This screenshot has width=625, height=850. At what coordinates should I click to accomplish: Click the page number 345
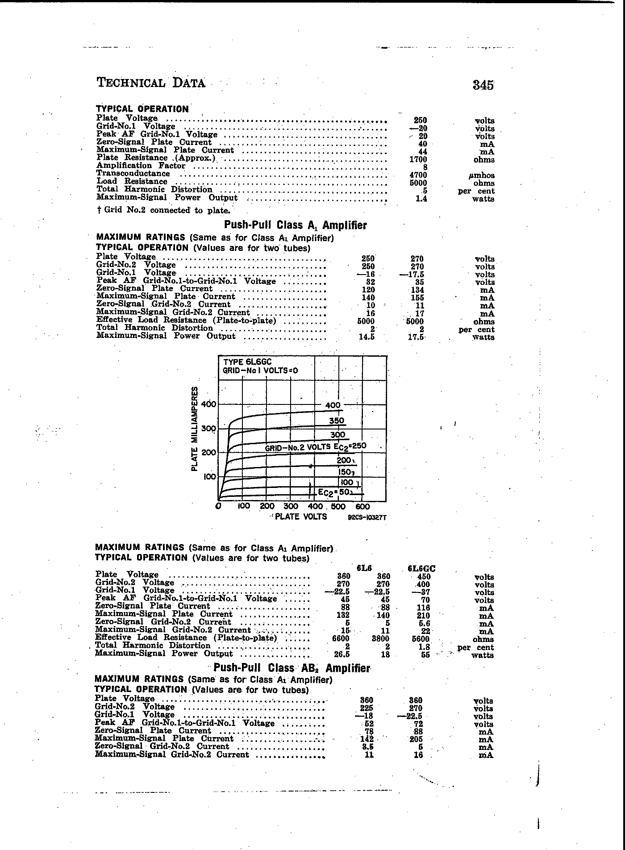tap(483, 85)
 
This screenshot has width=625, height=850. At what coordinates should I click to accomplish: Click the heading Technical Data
tap(151, 83)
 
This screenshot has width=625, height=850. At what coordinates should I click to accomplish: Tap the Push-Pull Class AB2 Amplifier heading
tap(292, 668)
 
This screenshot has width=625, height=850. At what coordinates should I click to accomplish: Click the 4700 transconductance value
tap(418, 175)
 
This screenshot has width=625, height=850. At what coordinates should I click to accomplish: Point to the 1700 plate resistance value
tap(418, 159)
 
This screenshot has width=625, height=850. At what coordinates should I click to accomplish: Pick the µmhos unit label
tap(482, 175)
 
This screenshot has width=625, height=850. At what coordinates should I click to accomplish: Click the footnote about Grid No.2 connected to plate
tap(163, 210)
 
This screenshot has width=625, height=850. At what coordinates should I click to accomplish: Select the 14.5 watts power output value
tap(366, 337)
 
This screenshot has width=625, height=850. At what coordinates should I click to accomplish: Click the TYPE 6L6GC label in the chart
tap(247, 362)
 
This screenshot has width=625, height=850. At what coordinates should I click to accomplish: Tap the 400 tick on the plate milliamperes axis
tap(208, 404)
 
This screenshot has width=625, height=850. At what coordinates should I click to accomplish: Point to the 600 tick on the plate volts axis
tap(362, 507)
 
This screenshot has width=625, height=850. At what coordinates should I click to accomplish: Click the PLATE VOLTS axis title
tap(301, 517)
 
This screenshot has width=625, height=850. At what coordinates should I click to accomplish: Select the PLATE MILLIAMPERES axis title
tap(195, 429)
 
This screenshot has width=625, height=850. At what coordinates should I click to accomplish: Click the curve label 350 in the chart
tap(337, 421)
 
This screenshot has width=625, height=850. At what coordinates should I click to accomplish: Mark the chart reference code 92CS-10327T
tap(367, 518)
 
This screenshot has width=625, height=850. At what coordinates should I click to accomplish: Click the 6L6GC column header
tap(421, 568)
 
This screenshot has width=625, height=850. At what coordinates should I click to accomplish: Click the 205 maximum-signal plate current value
tap(416, 739)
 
